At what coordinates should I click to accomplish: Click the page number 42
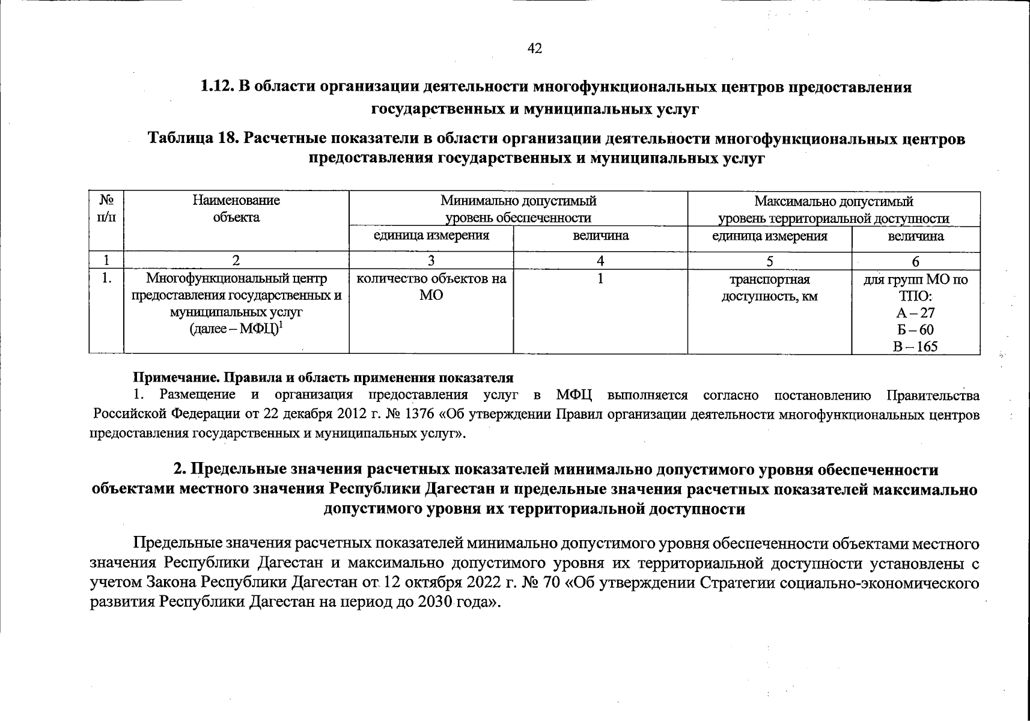tap(534, 49)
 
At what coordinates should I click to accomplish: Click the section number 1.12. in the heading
tap(218, 87)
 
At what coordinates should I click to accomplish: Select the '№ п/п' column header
tap(106, 208)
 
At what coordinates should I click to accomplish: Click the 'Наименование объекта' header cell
tap(236, 208)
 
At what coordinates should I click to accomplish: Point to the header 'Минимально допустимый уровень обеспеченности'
tap(518, 208)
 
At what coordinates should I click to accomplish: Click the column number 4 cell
tap(600, 261)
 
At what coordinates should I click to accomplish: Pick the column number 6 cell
tap(915, 261)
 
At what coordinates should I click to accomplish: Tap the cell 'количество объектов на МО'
tap(431, 287)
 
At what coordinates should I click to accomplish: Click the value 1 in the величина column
tap(600, 279)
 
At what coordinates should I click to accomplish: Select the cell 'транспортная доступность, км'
tap(769, 287)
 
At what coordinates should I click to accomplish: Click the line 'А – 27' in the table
tap(915, 313)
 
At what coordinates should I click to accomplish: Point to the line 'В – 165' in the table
tap(915, 347)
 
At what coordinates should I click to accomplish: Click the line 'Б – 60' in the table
tap(915, 330)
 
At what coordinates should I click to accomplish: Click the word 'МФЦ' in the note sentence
tap(574, 395)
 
